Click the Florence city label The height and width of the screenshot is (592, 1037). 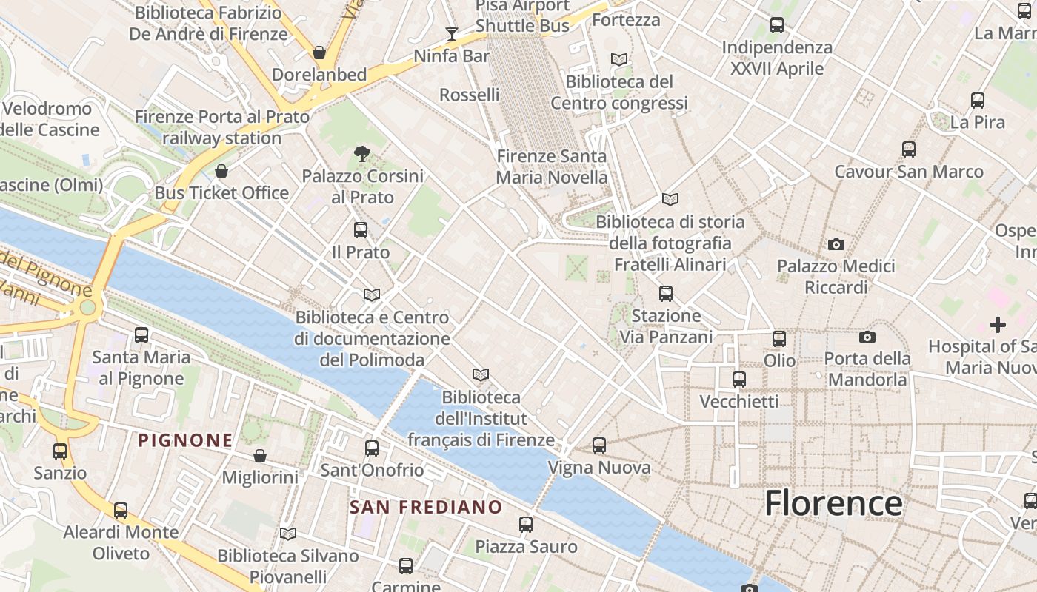point(833,503)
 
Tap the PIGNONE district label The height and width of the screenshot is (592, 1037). point(185,440)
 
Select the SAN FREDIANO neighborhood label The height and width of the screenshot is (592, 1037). point(426,508)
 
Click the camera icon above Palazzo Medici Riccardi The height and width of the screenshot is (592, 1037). point(836,244)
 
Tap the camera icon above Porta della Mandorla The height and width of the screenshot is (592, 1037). point(867,337)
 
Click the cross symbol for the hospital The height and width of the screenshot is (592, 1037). point(998,324)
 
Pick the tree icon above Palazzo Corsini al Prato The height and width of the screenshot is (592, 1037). point(362,154)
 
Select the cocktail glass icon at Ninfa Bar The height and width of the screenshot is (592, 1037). point(451,33)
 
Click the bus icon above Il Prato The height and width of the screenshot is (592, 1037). point(361,230)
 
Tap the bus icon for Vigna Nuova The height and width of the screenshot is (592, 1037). point(599,445)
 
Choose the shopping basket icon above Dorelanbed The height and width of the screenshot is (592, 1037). point(319,53)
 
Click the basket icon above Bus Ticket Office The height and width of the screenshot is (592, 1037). point(221,172)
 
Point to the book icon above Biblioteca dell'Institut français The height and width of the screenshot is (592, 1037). point(481,375)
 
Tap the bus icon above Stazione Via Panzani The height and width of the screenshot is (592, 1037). point(666,294)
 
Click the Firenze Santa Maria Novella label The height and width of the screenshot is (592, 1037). point(552,166)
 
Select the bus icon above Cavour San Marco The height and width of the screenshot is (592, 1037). point(909,149)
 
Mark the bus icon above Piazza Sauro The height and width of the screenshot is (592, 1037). point(526,525)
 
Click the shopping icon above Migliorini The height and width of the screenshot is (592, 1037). point(260,456)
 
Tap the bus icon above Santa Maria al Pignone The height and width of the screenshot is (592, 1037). point(141,335)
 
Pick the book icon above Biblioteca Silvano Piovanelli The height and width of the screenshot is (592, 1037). point(288,534)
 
